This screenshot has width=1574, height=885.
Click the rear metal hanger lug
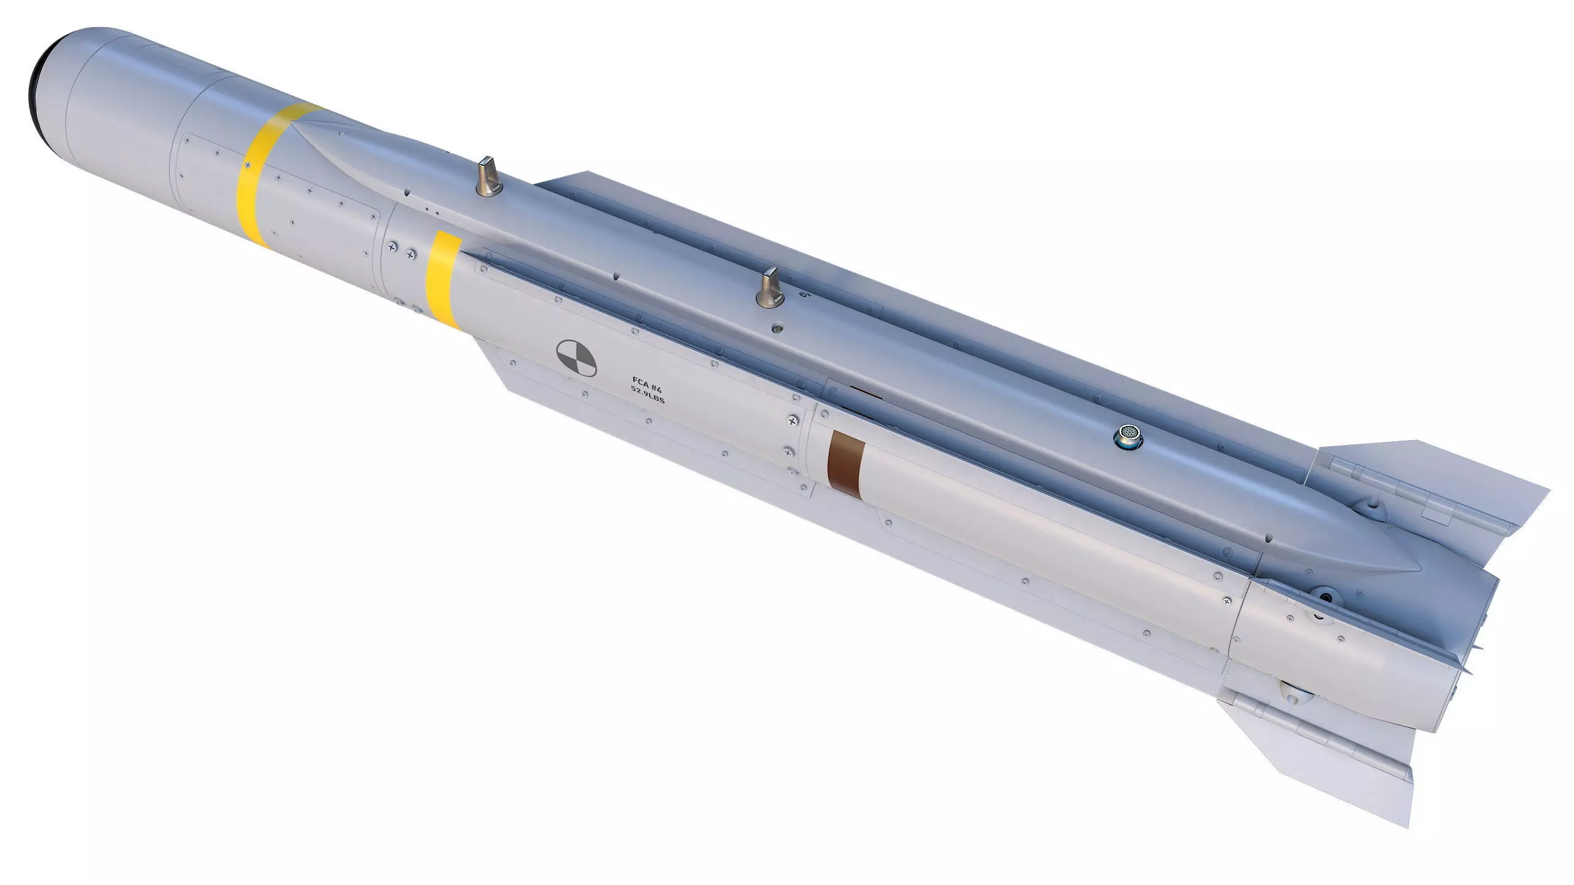(x=770, y=287)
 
